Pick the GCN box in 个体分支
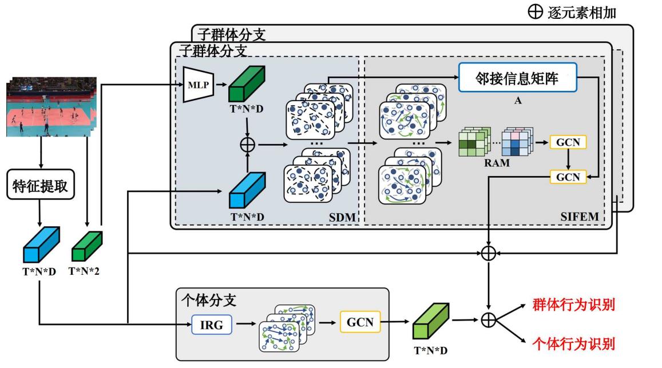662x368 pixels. pyautogui.click(x=360, y=322)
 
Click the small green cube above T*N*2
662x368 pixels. pyautogui.click(x=86, y=247)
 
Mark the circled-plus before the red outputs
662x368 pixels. pyautogui.click(x=488, y=321)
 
